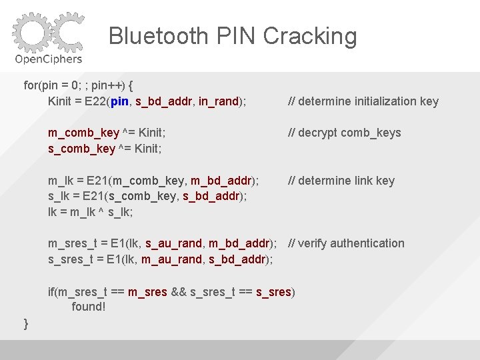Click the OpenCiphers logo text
49,59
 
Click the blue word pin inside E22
120,101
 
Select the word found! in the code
89,307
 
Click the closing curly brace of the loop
26,324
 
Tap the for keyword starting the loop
31,85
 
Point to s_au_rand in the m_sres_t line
172,243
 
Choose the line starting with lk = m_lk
91,212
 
